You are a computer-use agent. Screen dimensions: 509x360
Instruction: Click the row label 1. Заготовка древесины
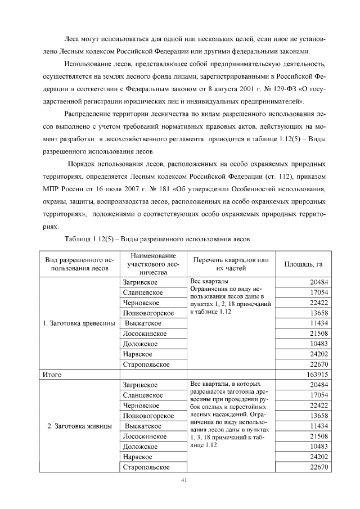pos(79,323)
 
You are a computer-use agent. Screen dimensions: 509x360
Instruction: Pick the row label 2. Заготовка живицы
pos(78,426)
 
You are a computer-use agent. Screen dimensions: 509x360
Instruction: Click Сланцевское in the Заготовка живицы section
pos(143,395)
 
